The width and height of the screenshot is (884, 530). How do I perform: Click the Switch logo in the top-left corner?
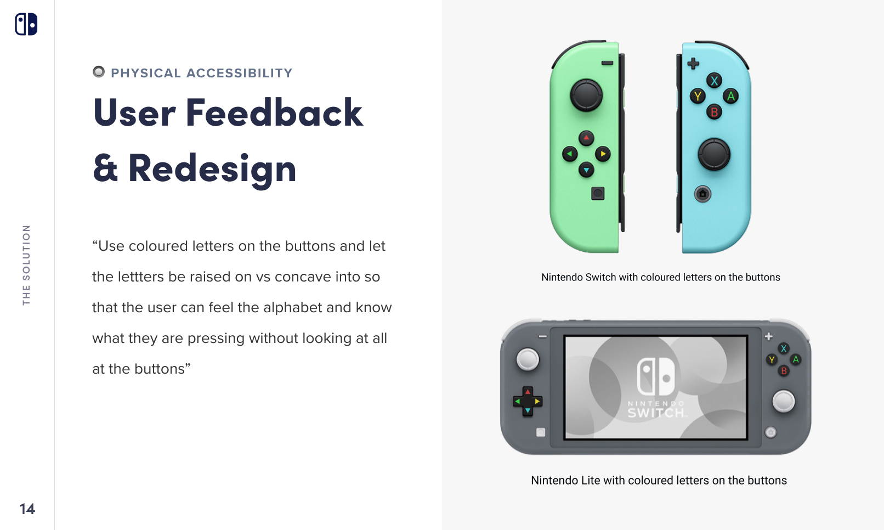[x=26, y=24]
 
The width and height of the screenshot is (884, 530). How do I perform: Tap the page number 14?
[x=27, y=509]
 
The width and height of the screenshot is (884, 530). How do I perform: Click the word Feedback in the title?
[x=274, y=113]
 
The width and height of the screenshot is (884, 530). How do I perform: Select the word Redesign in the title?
[x=212, y=169]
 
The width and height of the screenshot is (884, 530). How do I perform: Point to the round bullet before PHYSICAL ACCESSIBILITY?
[x=99, y=72]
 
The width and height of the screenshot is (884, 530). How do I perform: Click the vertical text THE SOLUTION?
[x=26, y=265]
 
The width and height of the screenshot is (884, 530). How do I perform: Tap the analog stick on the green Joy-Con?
[x=586, y=95]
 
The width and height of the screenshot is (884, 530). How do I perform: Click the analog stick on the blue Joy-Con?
[x=713, y=154]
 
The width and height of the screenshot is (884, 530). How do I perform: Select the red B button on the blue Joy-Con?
[x=714, y=112]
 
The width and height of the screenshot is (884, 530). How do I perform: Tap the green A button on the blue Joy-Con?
[x=730, y=97]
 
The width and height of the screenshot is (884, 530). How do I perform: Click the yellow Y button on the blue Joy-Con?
[x=698, y=97]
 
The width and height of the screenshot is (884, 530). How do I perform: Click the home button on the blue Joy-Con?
[x=702, y=194]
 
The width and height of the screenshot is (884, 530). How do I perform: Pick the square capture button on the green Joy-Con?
[x=598, y=193]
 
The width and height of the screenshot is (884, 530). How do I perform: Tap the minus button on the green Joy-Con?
[x=607, y=63]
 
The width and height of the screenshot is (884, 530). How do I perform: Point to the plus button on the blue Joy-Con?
[x=693, y=64]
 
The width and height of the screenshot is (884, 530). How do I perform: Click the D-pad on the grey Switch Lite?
[x=528, y=402]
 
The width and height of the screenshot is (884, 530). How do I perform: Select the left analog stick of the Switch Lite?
[x=528, y=360]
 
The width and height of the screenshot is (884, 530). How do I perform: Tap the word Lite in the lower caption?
[x=591, y=481]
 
